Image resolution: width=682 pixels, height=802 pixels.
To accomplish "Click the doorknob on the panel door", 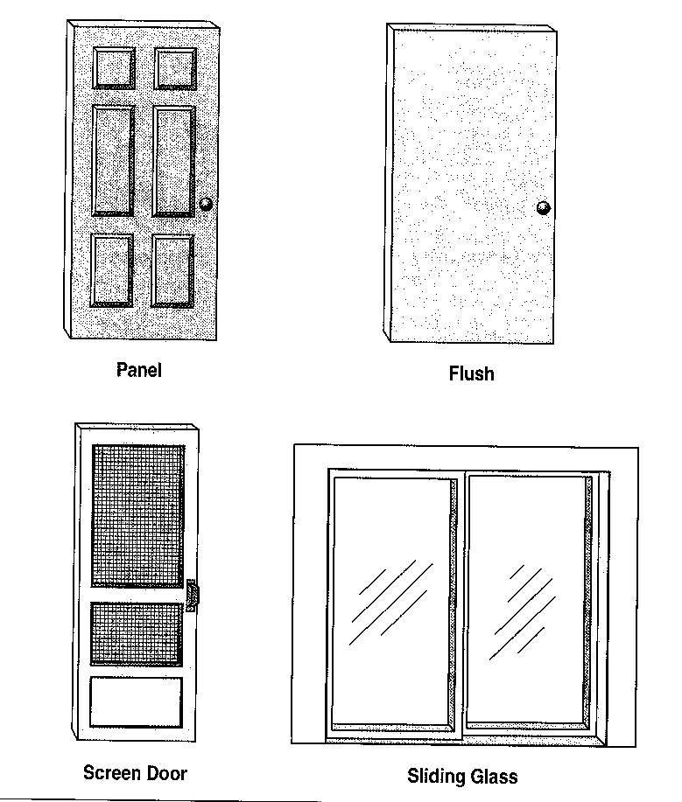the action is coord(206,204).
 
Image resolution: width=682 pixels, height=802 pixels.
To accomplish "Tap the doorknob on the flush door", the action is coord(544,207).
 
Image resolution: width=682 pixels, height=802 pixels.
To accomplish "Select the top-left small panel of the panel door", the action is coord(114,68).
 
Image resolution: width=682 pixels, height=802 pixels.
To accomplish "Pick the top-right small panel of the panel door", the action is coord(176,68).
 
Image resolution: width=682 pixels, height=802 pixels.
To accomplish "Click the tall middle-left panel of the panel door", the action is coord(113,161).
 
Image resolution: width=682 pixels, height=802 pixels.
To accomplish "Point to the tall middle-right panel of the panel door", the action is coord(174,162).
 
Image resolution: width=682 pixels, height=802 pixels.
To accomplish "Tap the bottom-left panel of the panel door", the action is coord(112,270).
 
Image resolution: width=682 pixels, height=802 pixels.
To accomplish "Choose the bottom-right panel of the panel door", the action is coord(173,271).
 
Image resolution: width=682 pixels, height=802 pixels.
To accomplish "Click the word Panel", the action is coord(138,370).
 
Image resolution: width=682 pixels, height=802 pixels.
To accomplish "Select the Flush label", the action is coord(472,373).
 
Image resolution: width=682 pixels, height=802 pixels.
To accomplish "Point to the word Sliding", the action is coord(436,777).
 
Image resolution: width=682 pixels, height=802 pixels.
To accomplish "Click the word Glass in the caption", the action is coord(494,777).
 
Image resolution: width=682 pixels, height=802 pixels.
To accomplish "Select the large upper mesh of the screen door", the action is coord(137,516).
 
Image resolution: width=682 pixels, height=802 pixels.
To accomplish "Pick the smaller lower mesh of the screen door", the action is coord(137,634).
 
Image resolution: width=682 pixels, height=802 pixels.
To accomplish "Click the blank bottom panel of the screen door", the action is coord(137,701).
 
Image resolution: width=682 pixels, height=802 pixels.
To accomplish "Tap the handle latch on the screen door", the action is coord(192,596).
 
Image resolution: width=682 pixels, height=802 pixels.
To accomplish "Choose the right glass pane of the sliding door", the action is coord(527,599).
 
